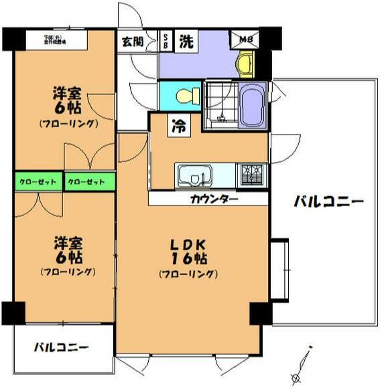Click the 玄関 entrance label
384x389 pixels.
(x=131, y=41)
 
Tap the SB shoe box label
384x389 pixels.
(x=166, y=41)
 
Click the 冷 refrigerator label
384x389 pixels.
(x=161, y=125)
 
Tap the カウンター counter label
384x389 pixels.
(x=214, y=198)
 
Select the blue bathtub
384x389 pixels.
(x=253, y=105)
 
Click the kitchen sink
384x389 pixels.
(x=195, y=176)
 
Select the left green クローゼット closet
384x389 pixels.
(x=39, y=181)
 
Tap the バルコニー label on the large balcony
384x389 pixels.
(x=328, y=202)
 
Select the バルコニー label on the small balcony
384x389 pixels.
(x=61, y=347)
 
